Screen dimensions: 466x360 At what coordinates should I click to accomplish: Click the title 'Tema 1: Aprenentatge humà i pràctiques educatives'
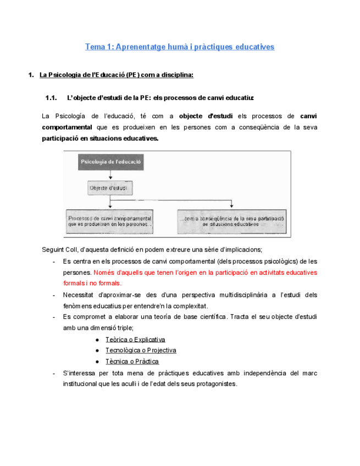pos(180,47)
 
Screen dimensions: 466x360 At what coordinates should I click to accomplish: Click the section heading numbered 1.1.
pos(149,98)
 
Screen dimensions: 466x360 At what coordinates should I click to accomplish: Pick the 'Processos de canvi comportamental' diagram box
pos(110,220)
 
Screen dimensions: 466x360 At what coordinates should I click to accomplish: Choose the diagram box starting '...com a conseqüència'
pos(231,220)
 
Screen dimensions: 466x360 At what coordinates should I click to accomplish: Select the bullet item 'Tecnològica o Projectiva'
pos(140,350)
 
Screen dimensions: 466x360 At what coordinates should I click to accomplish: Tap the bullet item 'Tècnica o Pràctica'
pos(132,361)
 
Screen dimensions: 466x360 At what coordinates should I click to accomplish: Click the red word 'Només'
pos(104,273)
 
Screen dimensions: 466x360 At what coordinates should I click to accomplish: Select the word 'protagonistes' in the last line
pos(216,384)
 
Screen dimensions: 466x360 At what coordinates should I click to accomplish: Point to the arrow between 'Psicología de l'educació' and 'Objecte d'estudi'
pos(111,174)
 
